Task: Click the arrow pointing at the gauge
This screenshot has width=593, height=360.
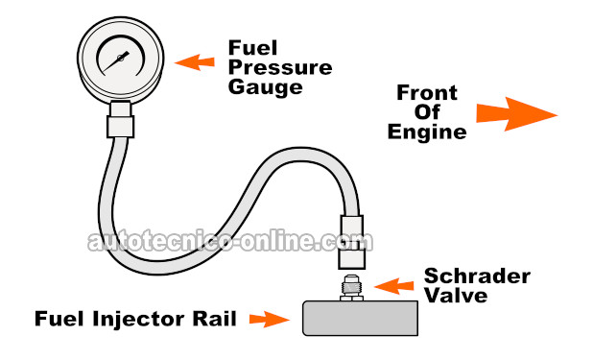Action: [194, 62]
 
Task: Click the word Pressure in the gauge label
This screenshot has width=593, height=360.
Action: [279, 68]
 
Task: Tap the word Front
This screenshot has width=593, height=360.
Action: [428, 92]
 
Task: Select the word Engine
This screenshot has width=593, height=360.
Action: [427, 132]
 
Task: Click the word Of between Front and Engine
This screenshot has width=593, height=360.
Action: [428, 112]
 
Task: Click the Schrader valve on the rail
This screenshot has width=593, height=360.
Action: [351, 287]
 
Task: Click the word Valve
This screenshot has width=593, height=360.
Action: [456, 297]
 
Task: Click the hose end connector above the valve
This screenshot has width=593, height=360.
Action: [351, 245]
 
